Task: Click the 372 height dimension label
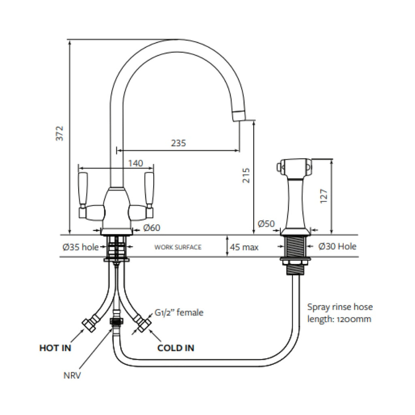click(60, 133)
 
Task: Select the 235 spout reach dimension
click(178, 143)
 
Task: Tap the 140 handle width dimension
click(135, 163)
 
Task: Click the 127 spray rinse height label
click(323, 197)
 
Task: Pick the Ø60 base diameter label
click(152, 228)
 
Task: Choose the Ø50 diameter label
click(266, 223)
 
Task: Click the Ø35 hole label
click(81, 247)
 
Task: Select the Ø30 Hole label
click(337, 246)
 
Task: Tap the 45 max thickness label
click(244, 247)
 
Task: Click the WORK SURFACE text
click(178, 247)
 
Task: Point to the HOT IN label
click(55, 348)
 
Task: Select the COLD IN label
click(175, 348)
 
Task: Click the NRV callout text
click(72, 375)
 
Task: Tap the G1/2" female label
click(179, 312)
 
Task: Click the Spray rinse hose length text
click(340, 313)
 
